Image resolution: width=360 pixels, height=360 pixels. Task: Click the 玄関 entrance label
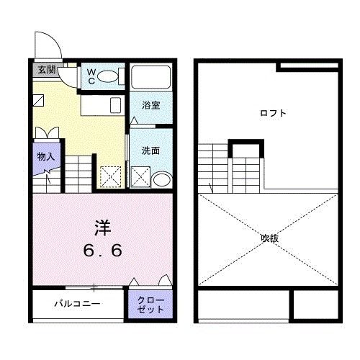pyautogui.click(x=46, y=70)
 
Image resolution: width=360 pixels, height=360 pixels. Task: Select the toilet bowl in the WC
pyautogui.click(x=109, y=76)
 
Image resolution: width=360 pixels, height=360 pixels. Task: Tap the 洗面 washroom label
pyautogui.click(x=150, y=151)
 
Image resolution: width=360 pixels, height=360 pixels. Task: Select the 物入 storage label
pyautogui.click(x=46, y=156)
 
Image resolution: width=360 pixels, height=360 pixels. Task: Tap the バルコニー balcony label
pyautogui.click(x=77, y=303)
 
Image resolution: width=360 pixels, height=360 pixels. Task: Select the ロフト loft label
pyautogui.click(x=274, y=113)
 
